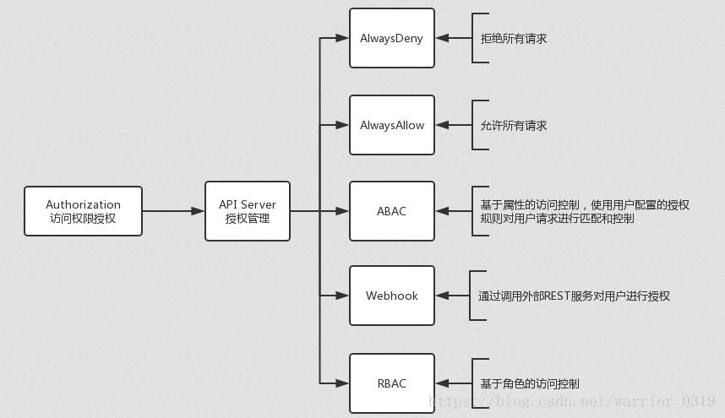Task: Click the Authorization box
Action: point(83,211)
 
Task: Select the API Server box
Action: point(247,211)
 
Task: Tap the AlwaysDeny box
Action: point(391,38)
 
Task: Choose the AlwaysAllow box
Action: point(391,125)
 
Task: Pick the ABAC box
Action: point(391,211)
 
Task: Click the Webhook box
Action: point(391,296)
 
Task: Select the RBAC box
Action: point(391,383)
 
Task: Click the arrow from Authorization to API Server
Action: point(173,211)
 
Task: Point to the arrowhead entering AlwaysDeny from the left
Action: point(343,38)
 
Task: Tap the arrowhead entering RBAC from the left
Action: point(343,383)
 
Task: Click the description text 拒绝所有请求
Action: point(514,39)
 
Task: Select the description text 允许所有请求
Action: point(514,126)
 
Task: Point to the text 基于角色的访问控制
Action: point(530,383)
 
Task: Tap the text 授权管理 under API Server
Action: point(247,220)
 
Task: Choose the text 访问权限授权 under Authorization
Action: point(83,220)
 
